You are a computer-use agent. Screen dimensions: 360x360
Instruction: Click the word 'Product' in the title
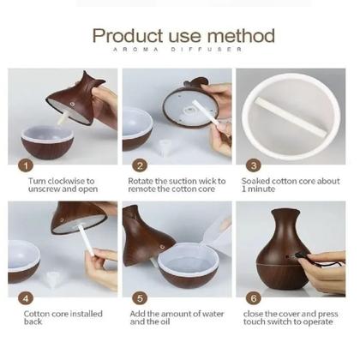click(128, 36)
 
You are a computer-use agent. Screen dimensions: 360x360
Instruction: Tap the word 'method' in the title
click(241, 36)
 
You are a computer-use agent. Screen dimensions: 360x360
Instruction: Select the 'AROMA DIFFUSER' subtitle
click(177, 50)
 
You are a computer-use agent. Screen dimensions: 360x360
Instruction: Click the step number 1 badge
click(26, 165)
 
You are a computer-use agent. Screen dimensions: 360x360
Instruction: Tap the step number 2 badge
click(140, 165)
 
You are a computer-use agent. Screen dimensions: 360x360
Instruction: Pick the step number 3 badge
click(254, 165)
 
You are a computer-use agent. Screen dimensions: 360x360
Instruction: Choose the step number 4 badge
click(26, 298)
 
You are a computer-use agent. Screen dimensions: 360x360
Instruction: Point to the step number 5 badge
click(140, 298)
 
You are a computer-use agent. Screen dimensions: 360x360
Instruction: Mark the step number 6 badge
click(254, 298)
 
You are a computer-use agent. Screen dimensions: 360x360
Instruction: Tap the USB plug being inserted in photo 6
click(300, 255)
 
